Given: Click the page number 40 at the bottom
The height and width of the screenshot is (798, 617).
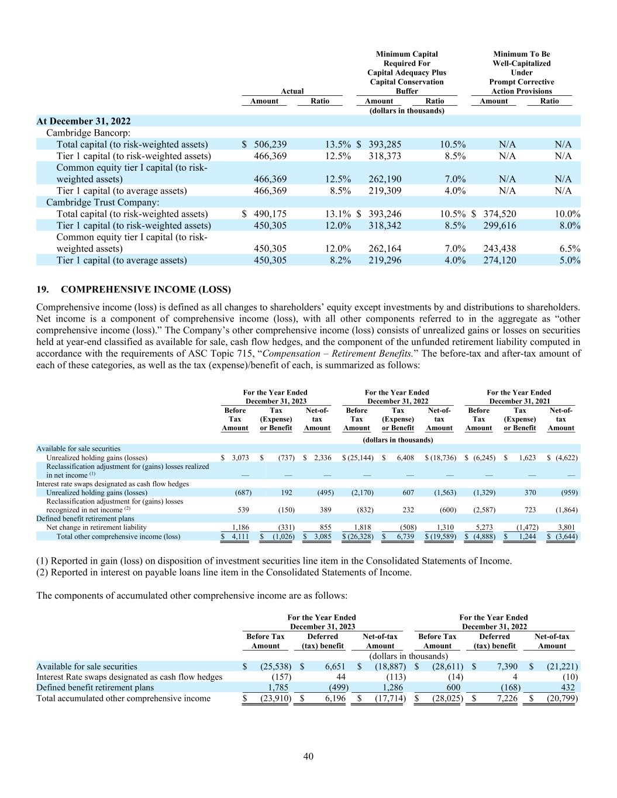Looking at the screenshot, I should point(308,756).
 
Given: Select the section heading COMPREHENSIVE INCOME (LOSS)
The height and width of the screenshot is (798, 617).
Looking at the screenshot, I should point(146,289).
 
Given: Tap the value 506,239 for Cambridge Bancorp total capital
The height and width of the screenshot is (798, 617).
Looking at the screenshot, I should point(270,144).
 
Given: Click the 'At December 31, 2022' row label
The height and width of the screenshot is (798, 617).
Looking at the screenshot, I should point(84,121).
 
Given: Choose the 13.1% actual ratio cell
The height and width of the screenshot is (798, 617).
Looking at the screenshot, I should point(338,214).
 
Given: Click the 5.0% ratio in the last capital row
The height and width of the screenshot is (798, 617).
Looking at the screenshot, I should point(570,260).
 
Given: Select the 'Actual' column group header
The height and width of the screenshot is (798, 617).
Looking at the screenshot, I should point(292,91).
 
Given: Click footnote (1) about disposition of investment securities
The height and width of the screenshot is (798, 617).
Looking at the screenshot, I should point(274,561).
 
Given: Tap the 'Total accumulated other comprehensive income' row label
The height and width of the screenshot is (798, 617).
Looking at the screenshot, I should point(123,697).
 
